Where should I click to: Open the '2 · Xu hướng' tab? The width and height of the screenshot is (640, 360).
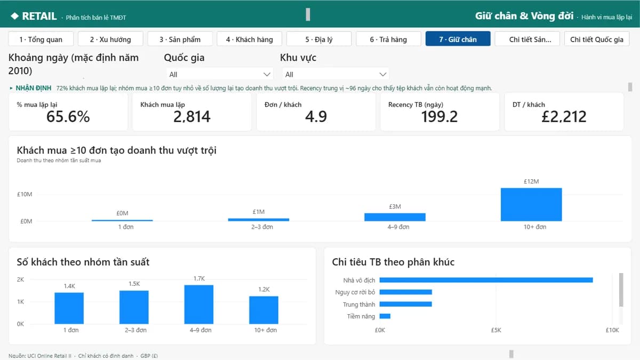point(110,39)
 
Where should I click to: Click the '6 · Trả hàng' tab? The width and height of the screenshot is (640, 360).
point(388,39)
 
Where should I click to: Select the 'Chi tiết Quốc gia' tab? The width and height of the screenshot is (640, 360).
point(597,39)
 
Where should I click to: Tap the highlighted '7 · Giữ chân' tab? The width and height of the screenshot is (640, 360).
point(458,39)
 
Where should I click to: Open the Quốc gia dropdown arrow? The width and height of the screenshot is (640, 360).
point(267,75)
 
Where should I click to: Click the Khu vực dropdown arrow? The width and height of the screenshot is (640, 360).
point(382,75)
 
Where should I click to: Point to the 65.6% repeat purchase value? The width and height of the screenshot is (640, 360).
point(68,117)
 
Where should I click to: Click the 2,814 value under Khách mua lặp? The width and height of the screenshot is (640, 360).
point(191,117)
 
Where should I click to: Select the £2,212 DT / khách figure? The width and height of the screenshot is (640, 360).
point(564,117)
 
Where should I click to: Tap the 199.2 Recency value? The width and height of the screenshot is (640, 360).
point(439,117)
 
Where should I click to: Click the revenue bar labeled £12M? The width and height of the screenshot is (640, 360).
point(531,205)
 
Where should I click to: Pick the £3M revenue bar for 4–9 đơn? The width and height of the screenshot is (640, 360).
point(395,217)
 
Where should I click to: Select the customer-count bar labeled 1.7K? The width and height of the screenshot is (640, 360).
point(199,305)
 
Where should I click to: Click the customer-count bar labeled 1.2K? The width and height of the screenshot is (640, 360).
point(263,310)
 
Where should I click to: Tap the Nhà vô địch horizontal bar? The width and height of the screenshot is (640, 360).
point(486,280)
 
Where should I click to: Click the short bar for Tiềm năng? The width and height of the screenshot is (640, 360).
point(385,316)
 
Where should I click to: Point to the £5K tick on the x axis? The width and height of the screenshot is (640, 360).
point(496,330)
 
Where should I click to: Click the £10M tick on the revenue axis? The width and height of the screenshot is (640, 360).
point(25,194)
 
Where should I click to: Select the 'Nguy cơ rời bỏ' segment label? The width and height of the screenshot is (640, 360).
point(355,292)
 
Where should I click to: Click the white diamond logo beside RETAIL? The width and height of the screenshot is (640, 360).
point(14,16)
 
